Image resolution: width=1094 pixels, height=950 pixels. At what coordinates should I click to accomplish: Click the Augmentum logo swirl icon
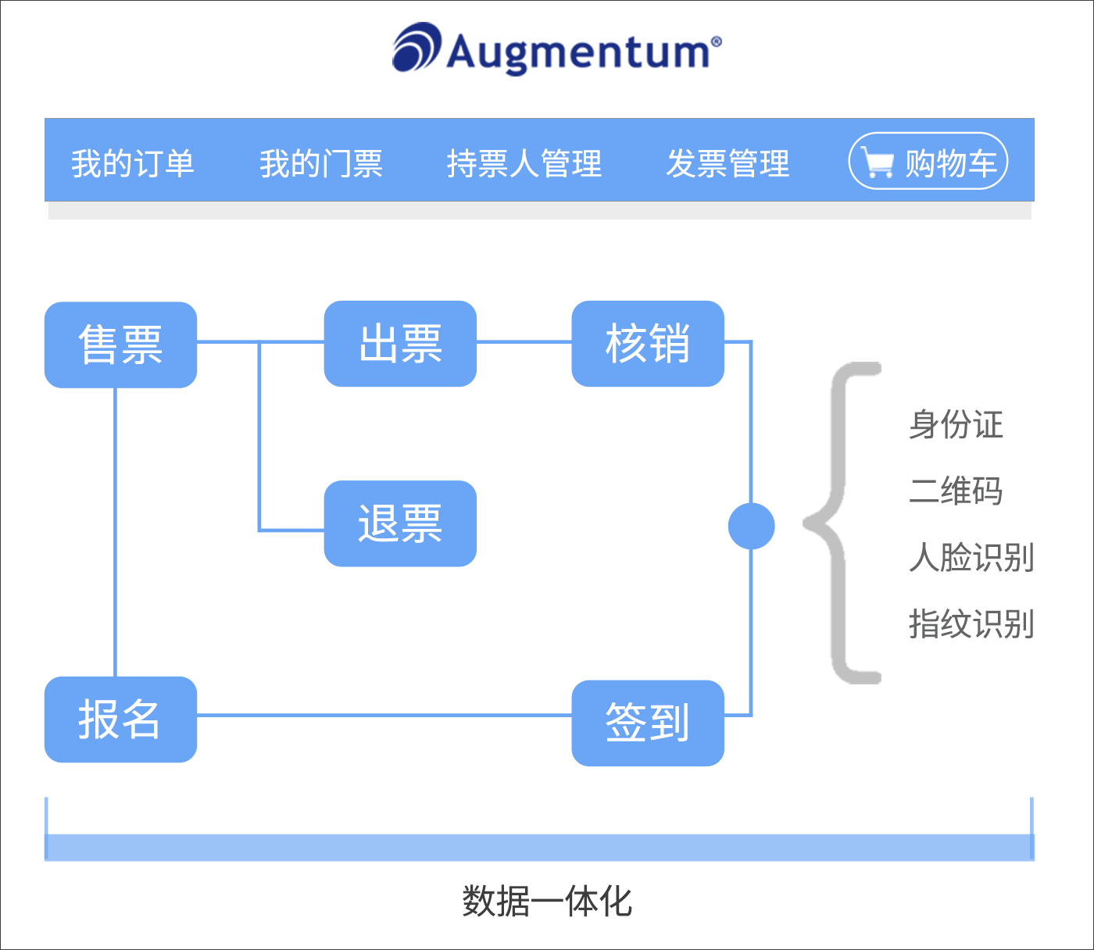click(417, 48)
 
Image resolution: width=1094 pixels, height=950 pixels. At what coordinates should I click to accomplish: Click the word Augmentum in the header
click(579, 52)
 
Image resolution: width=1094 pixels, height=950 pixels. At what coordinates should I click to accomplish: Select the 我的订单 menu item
click(133, 163)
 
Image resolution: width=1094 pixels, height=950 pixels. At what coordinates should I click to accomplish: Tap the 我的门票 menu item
click(321, 163)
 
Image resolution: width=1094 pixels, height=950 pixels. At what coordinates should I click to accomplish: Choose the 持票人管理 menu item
click(524, 163)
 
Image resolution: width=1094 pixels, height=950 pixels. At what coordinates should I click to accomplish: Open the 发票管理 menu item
click(728, 163)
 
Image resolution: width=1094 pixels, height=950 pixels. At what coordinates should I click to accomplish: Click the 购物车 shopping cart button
click(928, 162)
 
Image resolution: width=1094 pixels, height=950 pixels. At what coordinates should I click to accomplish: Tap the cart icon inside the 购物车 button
click(878, 162)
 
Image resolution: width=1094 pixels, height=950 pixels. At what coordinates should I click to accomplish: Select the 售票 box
click(120, 345)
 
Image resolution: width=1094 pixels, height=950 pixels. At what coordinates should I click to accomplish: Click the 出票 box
click(400, 344)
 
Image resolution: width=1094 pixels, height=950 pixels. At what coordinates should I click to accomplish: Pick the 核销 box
click(648, 344)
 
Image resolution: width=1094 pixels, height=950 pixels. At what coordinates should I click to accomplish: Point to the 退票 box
click(400, 523)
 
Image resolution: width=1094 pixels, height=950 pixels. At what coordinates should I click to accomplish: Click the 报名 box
click(120, 720)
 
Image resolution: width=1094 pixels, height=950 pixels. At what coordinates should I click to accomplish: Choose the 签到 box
click(648, 723)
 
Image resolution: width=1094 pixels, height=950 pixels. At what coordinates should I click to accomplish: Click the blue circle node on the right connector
click(751, 526)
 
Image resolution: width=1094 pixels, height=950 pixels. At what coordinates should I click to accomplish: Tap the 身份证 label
click(956, 425)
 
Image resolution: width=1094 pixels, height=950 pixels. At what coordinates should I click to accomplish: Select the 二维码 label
click(956, 491)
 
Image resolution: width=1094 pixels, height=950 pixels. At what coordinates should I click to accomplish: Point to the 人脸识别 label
click(971, 558)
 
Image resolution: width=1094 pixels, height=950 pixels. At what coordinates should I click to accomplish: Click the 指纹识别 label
click(971, 624)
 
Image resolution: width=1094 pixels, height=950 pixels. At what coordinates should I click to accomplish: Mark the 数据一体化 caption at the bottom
click(547, 902)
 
